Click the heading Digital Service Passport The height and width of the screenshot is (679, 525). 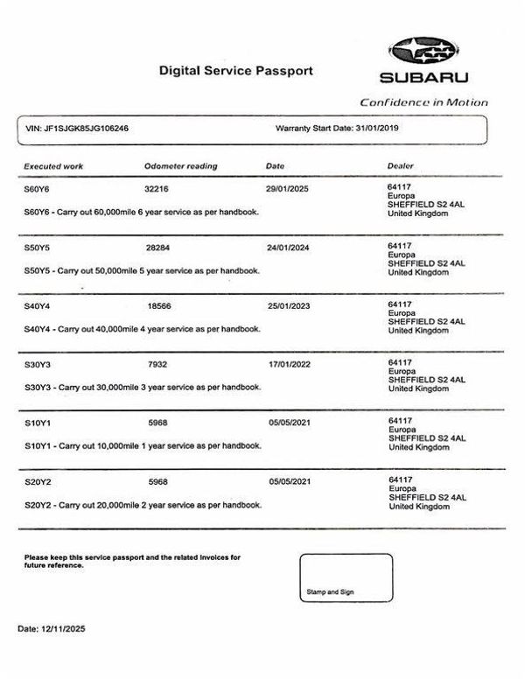point(235,69)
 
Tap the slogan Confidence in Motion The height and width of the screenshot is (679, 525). point(423,102)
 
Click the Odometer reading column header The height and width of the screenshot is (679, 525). point(180,165)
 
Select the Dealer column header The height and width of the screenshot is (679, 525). point(400,165)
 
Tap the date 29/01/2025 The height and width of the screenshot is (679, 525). point(287,188)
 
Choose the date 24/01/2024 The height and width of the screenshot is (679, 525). point(287,248)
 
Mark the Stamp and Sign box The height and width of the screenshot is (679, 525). point(346,578)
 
